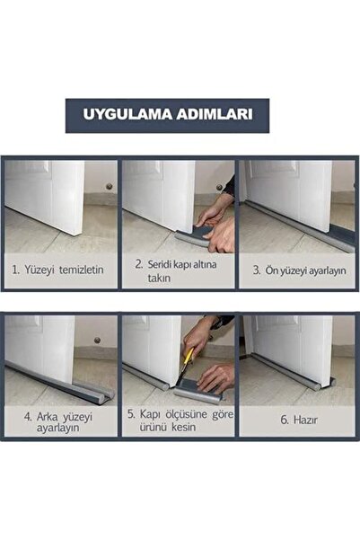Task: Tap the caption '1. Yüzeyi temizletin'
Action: [59, 268]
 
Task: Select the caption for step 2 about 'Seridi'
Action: [176, 271]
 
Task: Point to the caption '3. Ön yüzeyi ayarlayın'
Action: [297, 268]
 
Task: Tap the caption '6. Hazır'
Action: [297, 418]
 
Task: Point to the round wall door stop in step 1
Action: [109, 187]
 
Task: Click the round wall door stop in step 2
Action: [218, 187]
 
